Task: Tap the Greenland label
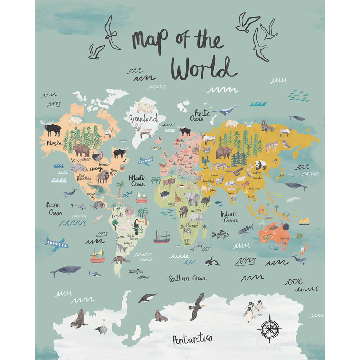[144, 118]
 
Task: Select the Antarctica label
[192, 339]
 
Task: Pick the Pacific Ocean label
[54, 209]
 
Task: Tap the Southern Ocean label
[188, 278]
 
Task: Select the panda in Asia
[261, 165]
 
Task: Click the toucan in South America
[138, 226]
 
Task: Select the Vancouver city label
[80, 159]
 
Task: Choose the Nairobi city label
[196, 210]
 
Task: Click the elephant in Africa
[192, 198]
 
